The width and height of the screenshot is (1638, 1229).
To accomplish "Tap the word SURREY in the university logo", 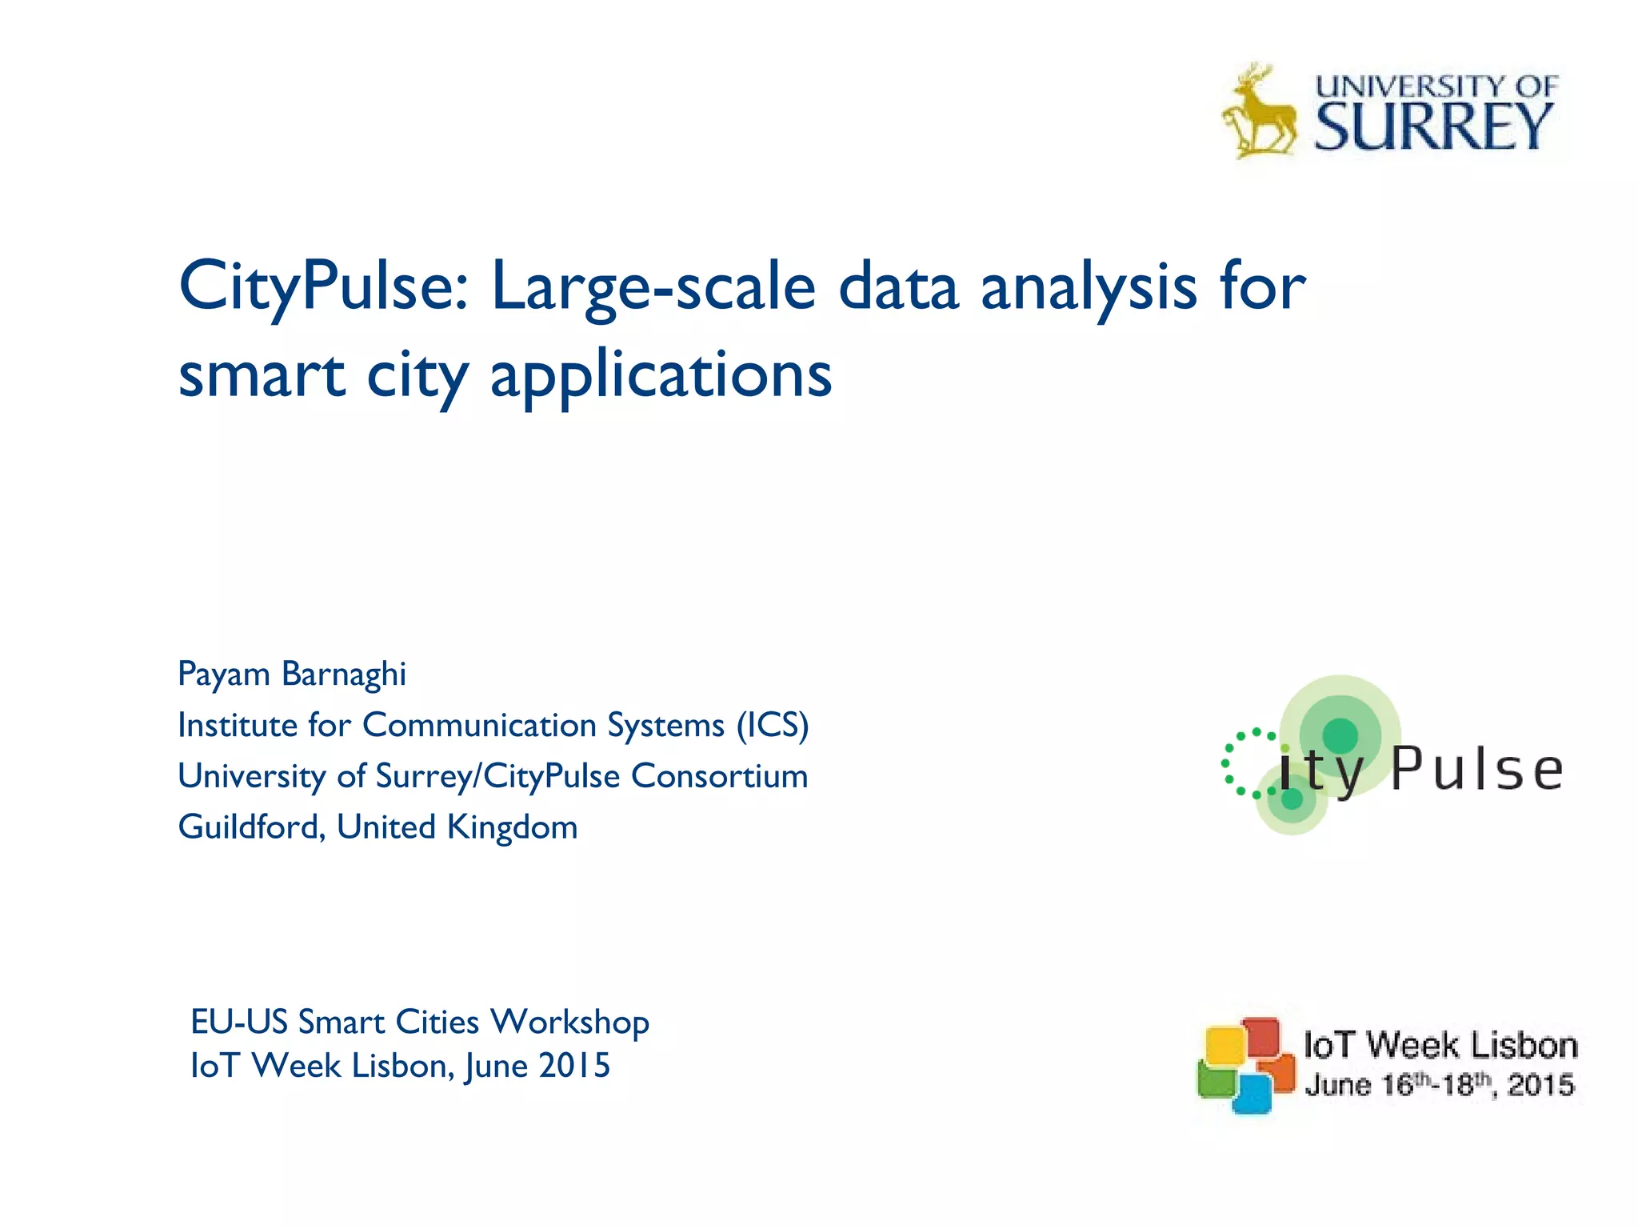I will click(x=1432, y=128).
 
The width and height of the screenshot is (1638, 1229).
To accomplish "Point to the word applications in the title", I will click(x=661, y=376).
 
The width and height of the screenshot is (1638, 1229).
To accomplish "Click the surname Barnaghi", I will click(x=344, y=675).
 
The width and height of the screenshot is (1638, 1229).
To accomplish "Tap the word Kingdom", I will click(x=512, y=827).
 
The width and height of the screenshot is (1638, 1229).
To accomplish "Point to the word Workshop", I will click(x=569, y=1023).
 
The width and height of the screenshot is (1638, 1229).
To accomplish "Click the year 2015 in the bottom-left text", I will click(x=574, y=1066).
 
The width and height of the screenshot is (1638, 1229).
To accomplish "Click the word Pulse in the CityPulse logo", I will click(x=1476, y=770).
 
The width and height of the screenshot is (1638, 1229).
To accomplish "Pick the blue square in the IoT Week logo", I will click(x=1252, y=1094).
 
